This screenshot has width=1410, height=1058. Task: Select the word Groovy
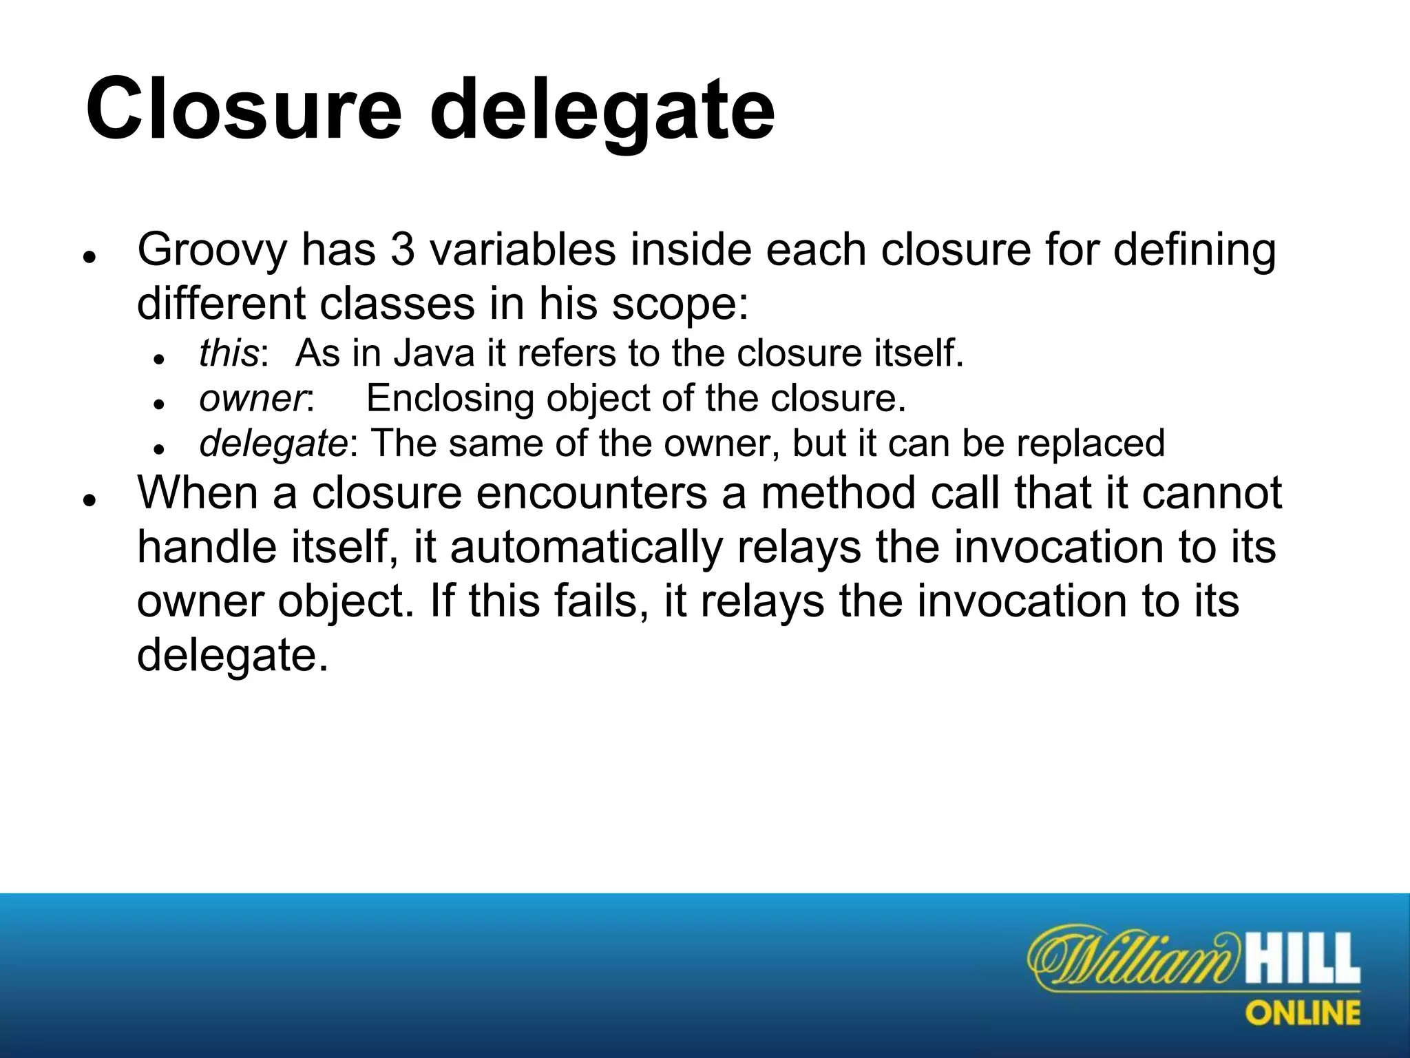[211, 251]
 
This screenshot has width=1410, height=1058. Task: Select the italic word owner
[252, 400]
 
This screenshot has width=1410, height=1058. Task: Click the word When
[197, 493]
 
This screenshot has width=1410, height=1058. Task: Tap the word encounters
[591, 495]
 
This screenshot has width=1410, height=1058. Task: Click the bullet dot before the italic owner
[159, 404]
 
